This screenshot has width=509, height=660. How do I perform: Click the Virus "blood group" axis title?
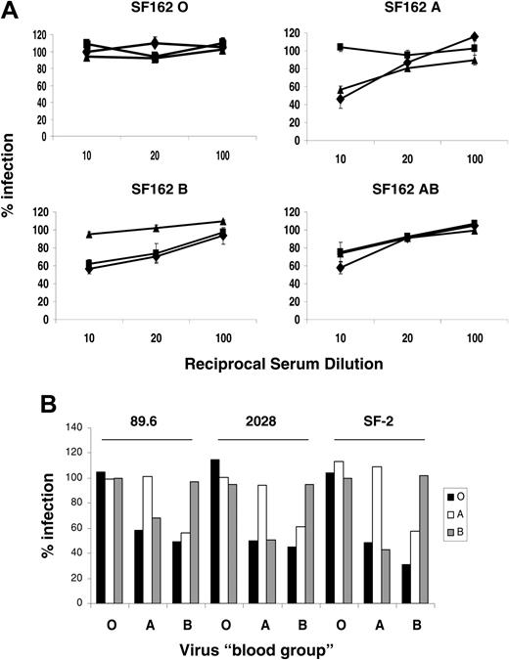[270, 648]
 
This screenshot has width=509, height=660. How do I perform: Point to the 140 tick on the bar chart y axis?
[69, 428]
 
